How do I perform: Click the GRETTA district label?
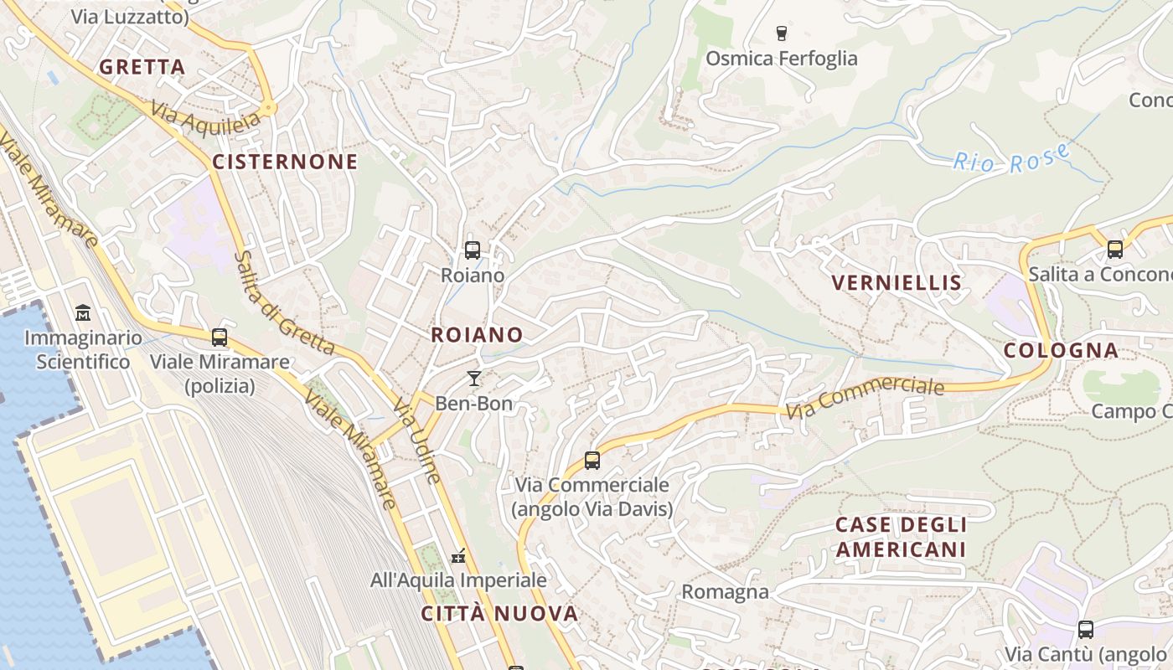142,67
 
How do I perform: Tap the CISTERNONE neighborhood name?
285,162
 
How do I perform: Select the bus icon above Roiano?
473,250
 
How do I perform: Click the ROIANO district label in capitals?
477,335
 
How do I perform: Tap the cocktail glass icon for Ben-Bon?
474,379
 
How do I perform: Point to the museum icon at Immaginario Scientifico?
83,314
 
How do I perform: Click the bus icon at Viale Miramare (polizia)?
220,338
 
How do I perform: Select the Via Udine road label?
416,441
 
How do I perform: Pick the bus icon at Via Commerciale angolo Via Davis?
592,460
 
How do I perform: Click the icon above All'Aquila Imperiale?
458,555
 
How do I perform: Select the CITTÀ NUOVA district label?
499,614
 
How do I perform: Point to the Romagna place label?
725,592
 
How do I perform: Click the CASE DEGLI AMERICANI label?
901,538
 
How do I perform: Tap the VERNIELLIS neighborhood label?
897,282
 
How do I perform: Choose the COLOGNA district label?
1061,350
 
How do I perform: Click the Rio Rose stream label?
1012,158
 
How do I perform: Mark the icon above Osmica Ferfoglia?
782,33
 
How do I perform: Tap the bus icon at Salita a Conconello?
1114,249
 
